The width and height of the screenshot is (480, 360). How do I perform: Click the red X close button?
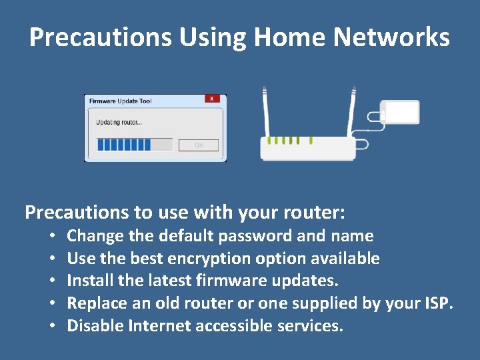pos(212,99)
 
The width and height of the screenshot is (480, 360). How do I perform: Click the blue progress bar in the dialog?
pos(124,145)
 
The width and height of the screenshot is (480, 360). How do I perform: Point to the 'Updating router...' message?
pos(119,122)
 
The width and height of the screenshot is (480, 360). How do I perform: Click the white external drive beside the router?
pos(399,112)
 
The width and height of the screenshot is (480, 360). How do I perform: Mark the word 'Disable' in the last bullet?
pos(95,327)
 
